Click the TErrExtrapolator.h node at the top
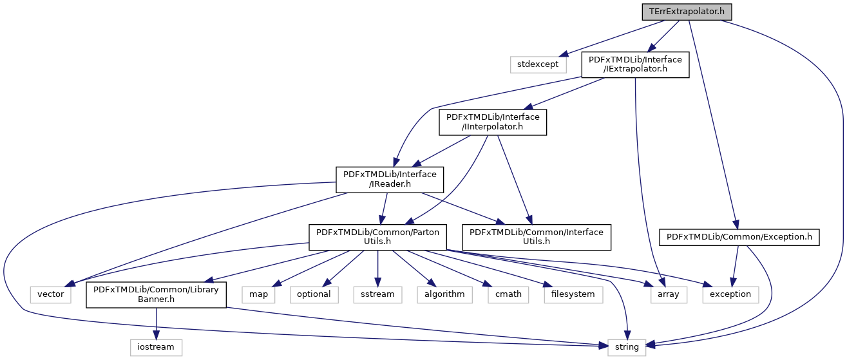tap(687, 12)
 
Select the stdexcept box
tap(538, 64)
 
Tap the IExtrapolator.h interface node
tap(635, 64)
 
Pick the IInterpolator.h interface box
tap(493, 122)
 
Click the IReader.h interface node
tap(390, 179)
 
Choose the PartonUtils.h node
tap(377, 237)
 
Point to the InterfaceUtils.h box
tap(536, 237)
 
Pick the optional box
tap(314, 294)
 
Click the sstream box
tap(377, 294)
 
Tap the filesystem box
tap(573, 294)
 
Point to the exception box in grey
tap(730, 294)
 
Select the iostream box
tap(157, 346)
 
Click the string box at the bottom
tap(627, 346)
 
